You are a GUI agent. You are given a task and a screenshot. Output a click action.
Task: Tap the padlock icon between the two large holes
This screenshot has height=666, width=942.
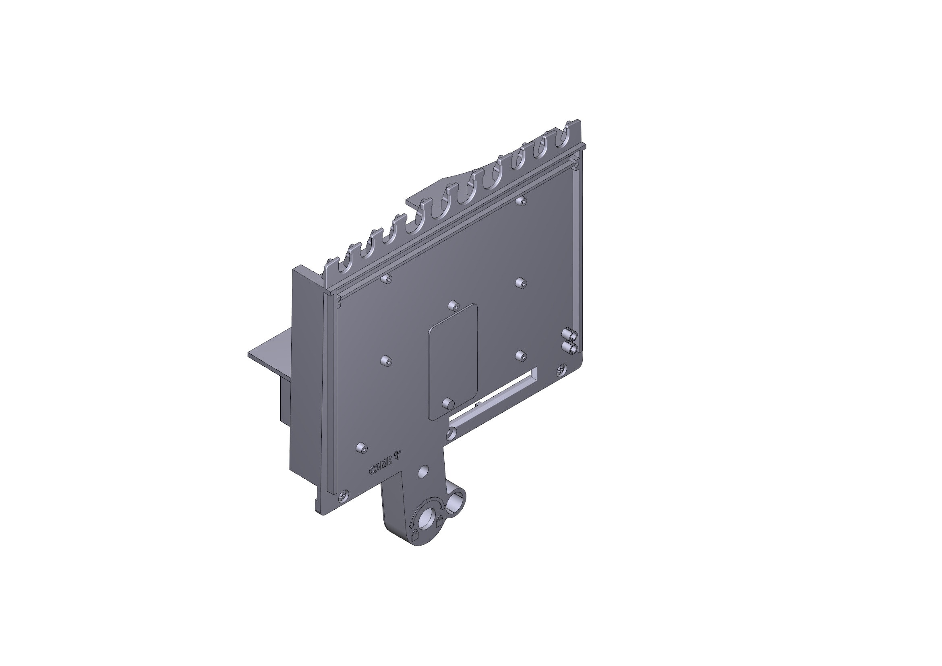coord(439,521)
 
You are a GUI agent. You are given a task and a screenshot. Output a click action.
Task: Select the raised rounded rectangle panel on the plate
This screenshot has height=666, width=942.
coord(453,361)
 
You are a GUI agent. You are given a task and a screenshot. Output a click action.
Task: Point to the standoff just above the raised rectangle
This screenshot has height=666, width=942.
coord(453,306)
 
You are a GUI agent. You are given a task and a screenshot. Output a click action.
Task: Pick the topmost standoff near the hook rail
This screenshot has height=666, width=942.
coord(522,201)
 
